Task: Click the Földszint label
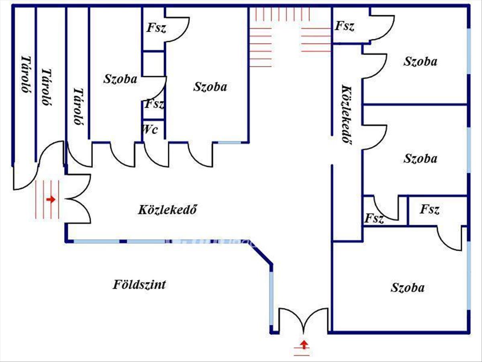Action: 139,285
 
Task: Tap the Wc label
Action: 150,130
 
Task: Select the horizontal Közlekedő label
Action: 167,210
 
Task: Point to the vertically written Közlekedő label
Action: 347,114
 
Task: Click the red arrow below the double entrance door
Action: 304,344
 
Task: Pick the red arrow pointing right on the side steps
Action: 51,200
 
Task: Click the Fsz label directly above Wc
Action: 154,104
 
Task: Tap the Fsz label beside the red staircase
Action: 345,26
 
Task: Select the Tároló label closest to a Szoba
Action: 78,107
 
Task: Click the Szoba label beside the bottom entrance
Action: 408,288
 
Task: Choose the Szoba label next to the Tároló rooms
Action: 120,79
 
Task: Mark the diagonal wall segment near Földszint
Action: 261,252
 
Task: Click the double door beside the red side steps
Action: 78,199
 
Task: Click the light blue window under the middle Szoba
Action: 229,143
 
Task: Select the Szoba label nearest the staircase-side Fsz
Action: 420,61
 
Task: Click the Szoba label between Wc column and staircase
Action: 210,86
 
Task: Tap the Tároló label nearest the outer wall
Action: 26,74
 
